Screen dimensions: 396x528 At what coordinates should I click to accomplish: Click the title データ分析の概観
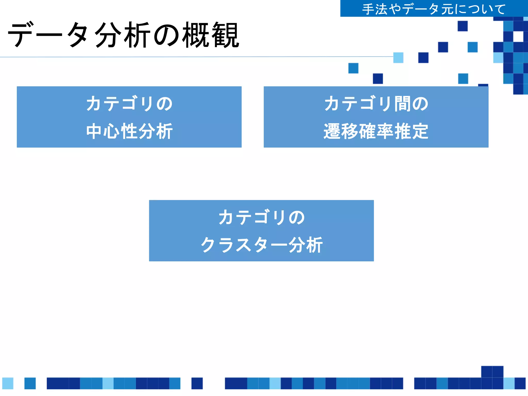pos(124,35)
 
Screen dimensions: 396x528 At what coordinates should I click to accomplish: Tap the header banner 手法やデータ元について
pos(434,9)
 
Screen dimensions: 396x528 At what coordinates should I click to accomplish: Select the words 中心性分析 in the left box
pos(129,131)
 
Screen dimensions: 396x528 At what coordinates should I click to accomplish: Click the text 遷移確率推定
pos(376,131)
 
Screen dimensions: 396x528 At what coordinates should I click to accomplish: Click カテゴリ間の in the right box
pos(376,104)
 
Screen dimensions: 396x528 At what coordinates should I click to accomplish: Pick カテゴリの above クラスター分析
pos(261,217)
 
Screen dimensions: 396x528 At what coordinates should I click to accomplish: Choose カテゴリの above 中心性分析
pos(129,104)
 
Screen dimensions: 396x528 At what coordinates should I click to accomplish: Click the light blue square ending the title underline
pos(398,57)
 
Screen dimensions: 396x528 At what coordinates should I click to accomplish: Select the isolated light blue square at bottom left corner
pos(8,383)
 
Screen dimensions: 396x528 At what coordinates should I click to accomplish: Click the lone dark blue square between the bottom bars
pos(197,383)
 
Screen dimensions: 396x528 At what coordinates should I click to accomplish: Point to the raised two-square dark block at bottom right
pos(492,372)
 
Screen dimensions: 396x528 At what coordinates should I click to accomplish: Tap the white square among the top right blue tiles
pos(518,36)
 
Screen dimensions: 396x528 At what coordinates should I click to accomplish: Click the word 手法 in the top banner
pos(375,9)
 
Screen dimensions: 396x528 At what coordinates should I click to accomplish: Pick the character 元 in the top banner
pos(447,9)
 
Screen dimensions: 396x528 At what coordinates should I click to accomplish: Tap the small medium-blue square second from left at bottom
pos(30,383)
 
